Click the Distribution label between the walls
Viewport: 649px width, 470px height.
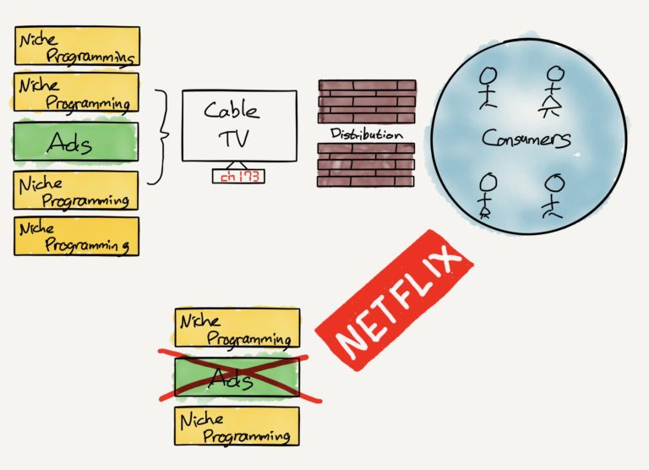click(x=366, y=134)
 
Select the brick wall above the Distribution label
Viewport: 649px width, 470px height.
click(x=367, y=101)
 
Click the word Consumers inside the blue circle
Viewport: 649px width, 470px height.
click(x=526, y=139)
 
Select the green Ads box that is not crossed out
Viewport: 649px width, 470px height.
click(x=75, y=145)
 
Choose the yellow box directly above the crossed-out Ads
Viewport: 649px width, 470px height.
click(x=237, y=327)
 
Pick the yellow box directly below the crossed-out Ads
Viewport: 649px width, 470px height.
click(x=237, y=427)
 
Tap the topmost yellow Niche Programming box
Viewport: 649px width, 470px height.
click(x=77, y=45)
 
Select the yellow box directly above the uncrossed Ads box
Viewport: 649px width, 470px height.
click(x=77, y=92)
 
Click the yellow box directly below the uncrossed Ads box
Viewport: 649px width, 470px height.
click(x=77, y=190)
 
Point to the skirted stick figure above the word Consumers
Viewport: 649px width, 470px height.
click(x=554, y=91)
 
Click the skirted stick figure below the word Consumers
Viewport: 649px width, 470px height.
click(x=488, y=195)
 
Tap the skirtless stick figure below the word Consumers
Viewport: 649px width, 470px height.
click(x=554, y=194)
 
